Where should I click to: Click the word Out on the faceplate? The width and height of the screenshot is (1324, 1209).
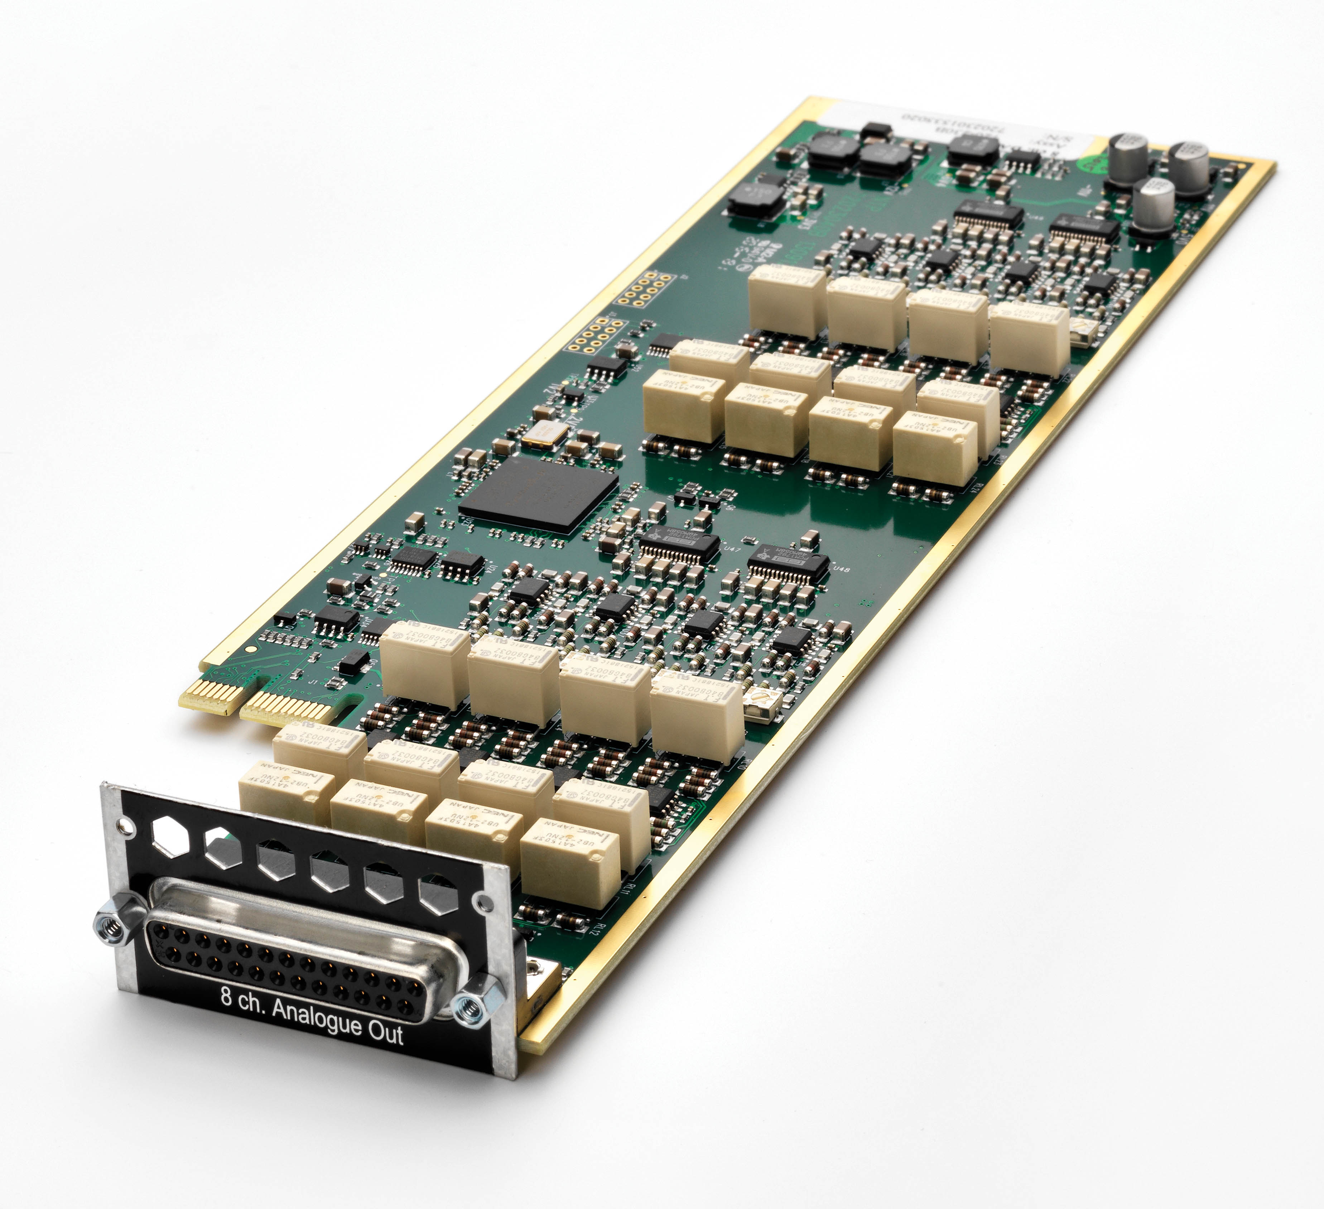point(385,1033)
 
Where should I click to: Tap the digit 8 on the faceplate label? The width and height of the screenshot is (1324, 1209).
point(226,996)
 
